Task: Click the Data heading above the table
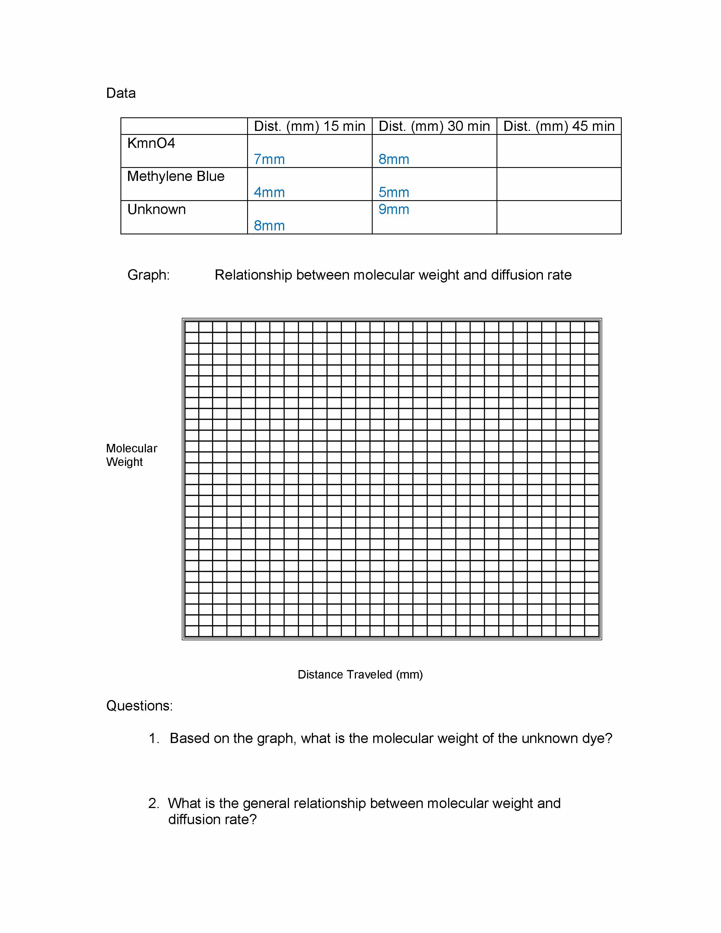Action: click(121, 93)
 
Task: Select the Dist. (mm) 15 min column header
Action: click(309, 126)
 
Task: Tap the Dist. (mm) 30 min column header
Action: click(434, 126)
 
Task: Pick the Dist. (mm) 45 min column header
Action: click(559, 126)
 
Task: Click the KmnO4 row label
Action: click(151, 143)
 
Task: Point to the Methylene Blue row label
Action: click(176, 176)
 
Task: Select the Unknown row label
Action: click(156, 209)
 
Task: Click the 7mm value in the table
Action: click(269, 159)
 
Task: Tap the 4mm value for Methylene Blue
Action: click(269, 192)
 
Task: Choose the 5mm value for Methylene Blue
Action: click(394, 192)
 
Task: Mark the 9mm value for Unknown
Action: click(394, 209)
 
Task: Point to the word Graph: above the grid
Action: click(148, 275)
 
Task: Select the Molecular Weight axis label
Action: click(131, 455)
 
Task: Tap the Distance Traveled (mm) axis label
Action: click(360, 675)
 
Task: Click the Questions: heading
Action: click(139, 706)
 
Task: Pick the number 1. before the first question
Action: click(154, 738)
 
